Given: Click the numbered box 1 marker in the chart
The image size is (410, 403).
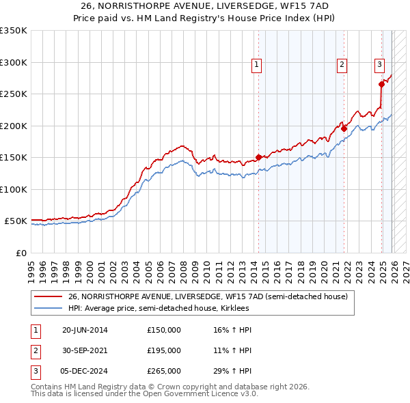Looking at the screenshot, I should (256, 65).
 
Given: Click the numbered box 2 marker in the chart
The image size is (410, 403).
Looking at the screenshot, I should (341, 65).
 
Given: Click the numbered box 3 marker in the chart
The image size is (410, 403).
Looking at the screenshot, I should (379, 65).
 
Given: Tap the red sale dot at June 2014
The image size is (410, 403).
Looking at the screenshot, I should (258, 157).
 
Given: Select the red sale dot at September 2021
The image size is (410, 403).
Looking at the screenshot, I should (344, 128).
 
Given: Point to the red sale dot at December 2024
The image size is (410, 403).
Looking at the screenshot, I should (381, 84).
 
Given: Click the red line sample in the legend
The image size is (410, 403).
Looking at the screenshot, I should (49, 296).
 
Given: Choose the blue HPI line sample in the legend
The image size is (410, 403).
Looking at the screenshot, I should (49, 308).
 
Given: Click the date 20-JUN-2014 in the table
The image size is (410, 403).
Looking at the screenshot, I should (85, 330).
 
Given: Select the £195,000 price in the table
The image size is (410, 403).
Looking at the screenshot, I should (163, 350).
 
